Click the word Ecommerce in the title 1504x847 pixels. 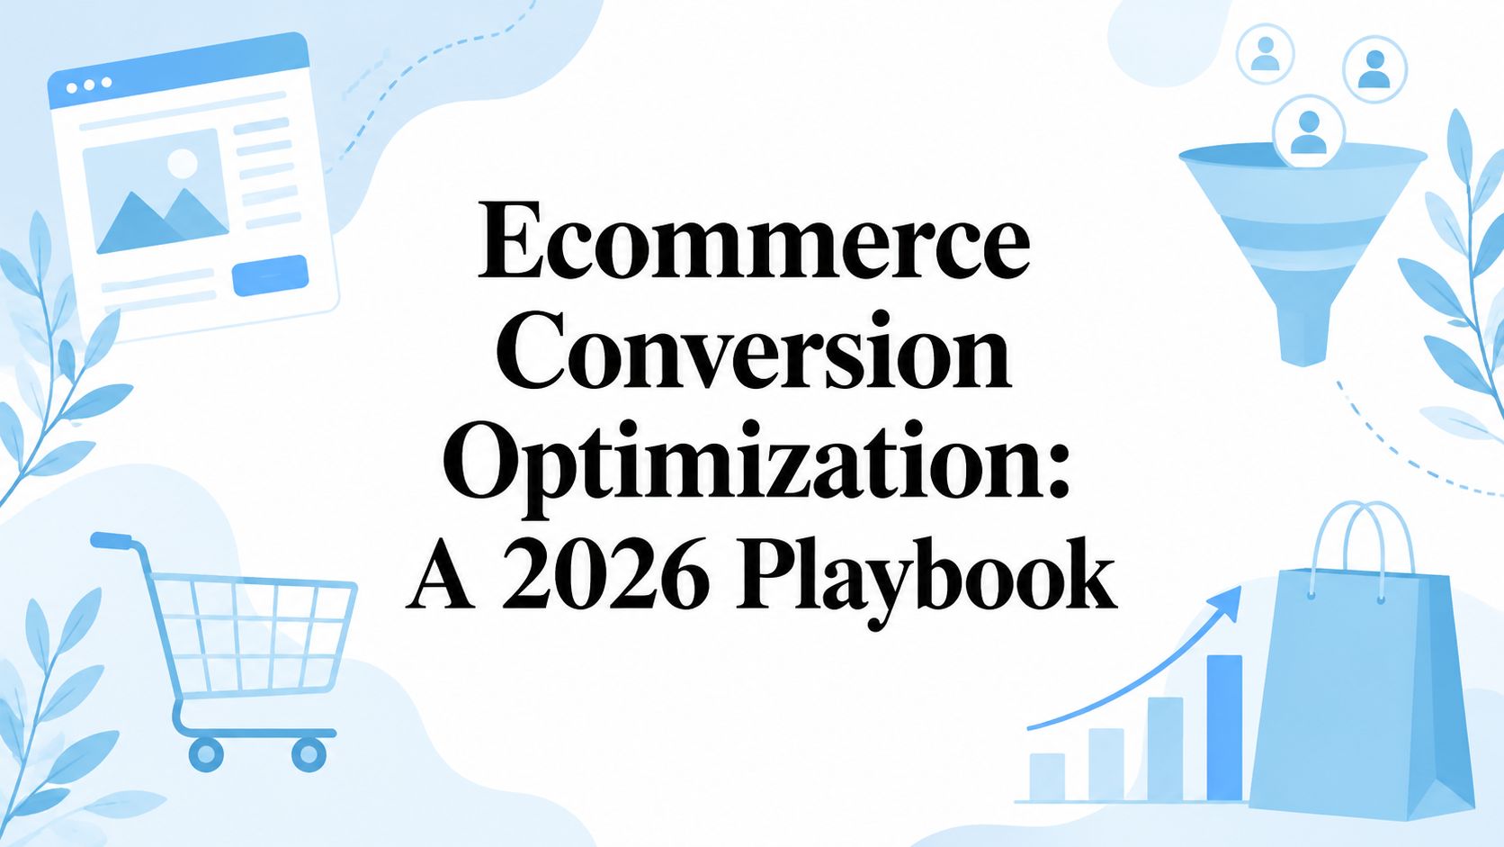pyautogui.click(x=753, y=240)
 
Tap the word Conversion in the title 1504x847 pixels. pyautogui.click(x=754, y=350)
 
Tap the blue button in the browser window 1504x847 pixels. pyautogui.click(x=270, y=275)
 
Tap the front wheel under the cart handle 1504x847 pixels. pyautogui.click(x=206, y=753)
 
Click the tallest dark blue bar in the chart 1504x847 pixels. pyautogui.click(x=1224, y=727)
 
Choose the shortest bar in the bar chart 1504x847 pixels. pyautogui.click(x=1047, y=777)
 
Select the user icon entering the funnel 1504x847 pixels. pyautogui.click(x=1309, y=131)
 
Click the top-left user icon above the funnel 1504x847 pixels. pyautogui.click(x=1266, y=54)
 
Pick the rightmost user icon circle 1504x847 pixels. pyautogui.click(x=1374, y=69)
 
